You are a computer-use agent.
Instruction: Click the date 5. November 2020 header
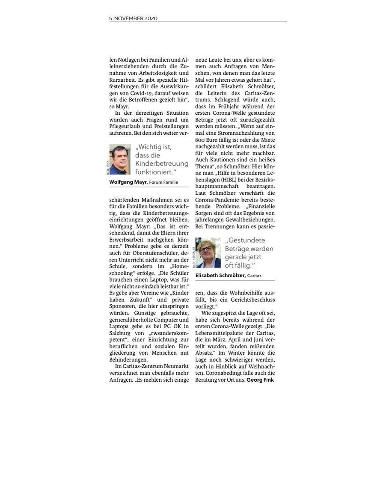(x=133, y=18)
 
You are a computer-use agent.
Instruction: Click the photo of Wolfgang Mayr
(x=120, y=160)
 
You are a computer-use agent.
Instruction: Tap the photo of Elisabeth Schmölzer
(x=208, y=252)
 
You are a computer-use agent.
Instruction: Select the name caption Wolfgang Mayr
(x=128, y=182)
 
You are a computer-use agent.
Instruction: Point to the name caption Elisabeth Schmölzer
(x=220, y=276)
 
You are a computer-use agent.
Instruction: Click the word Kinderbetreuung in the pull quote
(x=162, y=163)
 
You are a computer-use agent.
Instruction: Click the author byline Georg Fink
(x=260, y=380)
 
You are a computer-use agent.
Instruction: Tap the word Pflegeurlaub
(x=125, y=126)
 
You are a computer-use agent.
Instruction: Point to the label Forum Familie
(x=163, y=182)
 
